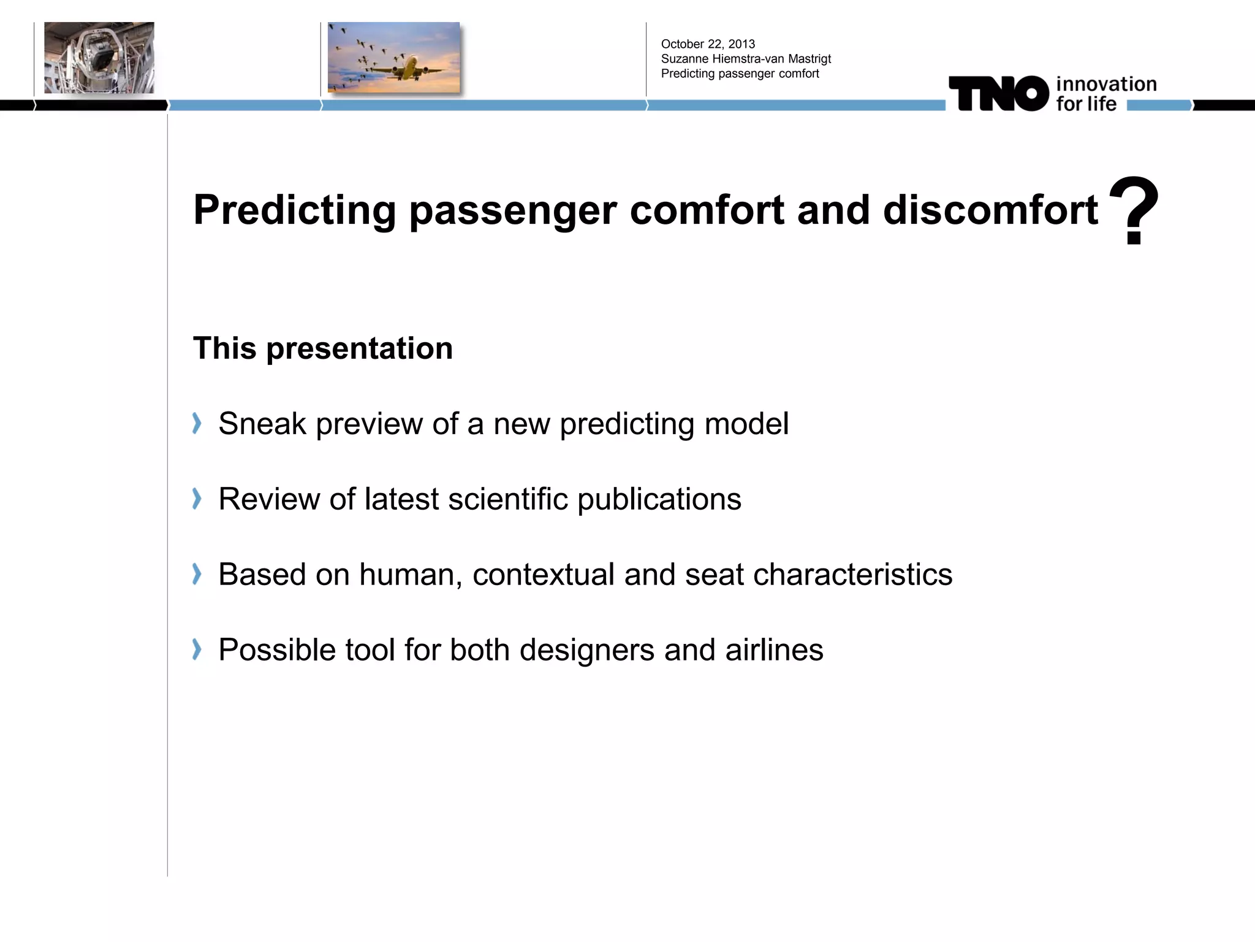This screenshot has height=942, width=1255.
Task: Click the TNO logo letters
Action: [x=999, y=94]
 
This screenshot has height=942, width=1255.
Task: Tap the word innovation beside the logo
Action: [x=1106, y=84]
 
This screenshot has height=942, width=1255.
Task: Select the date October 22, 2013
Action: [x=708, y=44]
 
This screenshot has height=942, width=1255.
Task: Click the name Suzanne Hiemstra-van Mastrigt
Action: [x=746, y=59]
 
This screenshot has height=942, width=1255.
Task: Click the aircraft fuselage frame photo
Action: [x=99, y=58]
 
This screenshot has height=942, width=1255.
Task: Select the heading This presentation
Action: [x=323, y=348]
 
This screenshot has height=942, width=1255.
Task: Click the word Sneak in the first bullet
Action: [x=262, y=424]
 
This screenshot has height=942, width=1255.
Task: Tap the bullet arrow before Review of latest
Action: [x=197, y=499]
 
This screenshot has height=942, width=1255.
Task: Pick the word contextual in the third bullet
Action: [x=543, y=575]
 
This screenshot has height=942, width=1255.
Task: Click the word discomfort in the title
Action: [x=990, y=210]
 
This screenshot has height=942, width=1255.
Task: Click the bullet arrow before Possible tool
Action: [x=197, y=649]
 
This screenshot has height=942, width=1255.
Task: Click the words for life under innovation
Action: [x=1086, y=104]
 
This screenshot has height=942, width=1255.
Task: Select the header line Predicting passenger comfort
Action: [x=740, y=74]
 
